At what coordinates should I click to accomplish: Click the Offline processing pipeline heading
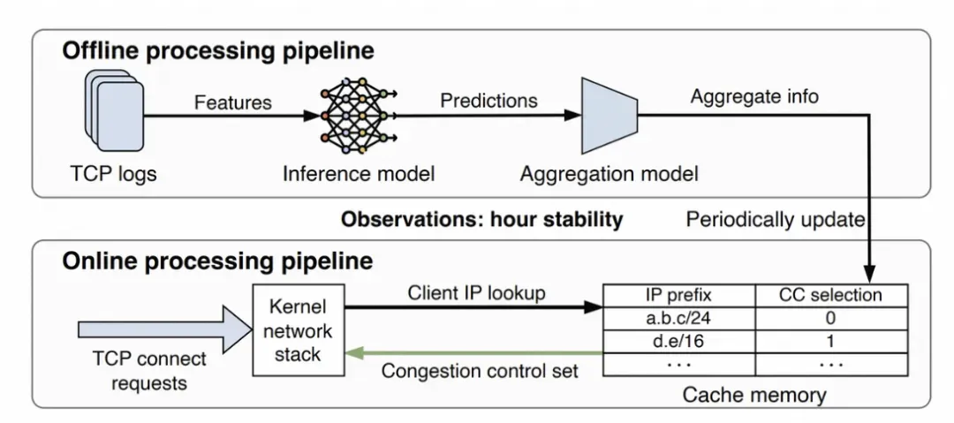click(218, 51)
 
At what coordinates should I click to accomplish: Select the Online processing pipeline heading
click(217, 261)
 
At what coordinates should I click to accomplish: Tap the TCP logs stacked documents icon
click(114, 110)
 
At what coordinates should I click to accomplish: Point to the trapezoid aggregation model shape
click(609, 116)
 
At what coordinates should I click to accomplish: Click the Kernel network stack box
click(299, 330)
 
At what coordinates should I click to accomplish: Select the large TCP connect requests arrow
click(165, 330)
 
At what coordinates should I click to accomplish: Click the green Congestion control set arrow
click(473, 353)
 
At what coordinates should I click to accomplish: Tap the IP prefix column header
click(678, 295)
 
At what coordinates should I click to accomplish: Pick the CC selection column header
click(831, 295)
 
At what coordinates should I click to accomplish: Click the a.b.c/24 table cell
click(678, 318)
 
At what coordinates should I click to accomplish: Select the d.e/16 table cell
click(678, 341)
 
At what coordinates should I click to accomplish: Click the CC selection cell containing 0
click(831, 318)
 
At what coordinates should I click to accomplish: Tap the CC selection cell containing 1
click(831, 341)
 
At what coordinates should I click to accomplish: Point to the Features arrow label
click(233, 102)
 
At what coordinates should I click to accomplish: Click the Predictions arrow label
click(489, 100)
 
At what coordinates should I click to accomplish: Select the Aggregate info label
click(754, 96)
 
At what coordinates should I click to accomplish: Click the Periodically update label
click(776, 219)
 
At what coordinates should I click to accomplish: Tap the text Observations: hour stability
click(482, 219)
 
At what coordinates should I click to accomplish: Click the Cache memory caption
click(754, 395)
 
